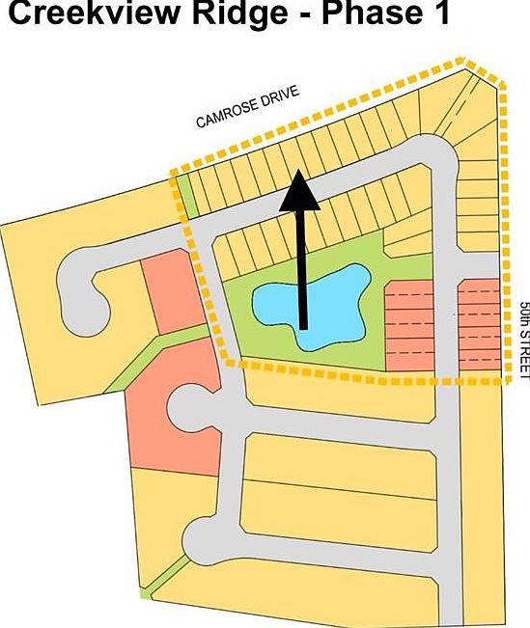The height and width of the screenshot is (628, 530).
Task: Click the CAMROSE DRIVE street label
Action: (x=248, y=106)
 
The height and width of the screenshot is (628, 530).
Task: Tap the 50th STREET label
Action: (x=523, y=341)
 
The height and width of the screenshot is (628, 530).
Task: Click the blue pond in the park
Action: (x=312, y=306)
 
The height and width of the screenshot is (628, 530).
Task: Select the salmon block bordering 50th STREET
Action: (x=480, y=324)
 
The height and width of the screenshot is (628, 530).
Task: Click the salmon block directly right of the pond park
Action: (x=409, y=326)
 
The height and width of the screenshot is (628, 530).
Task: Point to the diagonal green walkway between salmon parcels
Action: (x=157, y=357)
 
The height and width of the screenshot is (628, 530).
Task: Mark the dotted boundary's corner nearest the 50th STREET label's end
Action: (x=509, y=380)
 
